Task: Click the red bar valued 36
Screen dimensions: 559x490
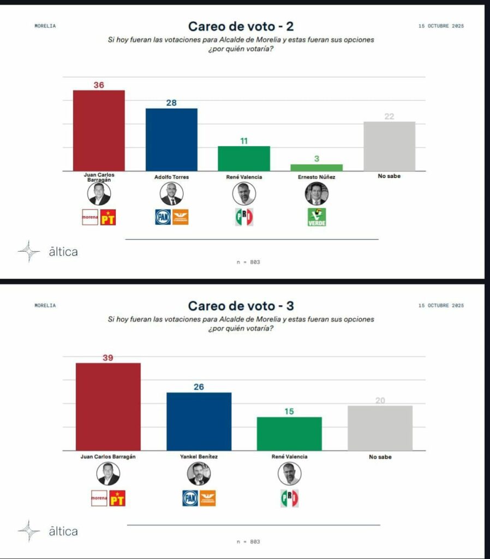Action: pyautogui.click(x=99, y=130)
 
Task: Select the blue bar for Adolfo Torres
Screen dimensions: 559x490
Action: pyautogui.click(x=171, y=140)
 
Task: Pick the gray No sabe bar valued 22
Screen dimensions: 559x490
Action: pyautogui.click(x=389, y=146)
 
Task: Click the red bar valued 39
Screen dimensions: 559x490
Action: pyautogui.click(x=108, y=407)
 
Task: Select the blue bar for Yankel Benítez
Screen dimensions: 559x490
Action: pyautogui.click(x=199, y=421)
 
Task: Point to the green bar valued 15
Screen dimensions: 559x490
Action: pyautogui.click(x=289, y=433)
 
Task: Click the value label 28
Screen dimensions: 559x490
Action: pyautogui.click(x=171, y=103)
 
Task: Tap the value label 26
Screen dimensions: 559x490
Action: pyautogui.click(x=199, y=387)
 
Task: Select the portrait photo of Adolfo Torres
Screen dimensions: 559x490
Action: pyautogui.click(x=171, y=194)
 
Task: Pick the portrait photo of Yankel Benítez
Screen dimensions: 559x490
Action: pyautogui.click(x=199, y=473)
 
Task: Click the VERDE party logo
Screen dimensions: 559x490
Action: pyautogui.click(x=316, y=217)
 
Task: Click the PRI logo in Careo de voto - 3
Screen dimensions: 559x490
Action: pyautogui.click(x=289, y=498)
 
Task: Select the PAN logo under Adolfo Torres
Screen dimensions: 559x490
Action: pyautogui.click(x=163, y=217)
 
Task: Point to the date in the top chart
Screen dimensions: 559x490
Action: pyautogui.click(x=441, y=26)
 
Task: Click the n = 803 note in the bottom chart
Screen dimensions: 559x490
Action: pyautogui.click(x=248, y=542)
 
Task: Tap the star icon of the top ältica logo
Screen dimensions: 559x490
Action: pyautogui.click(x=28, y=251)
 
